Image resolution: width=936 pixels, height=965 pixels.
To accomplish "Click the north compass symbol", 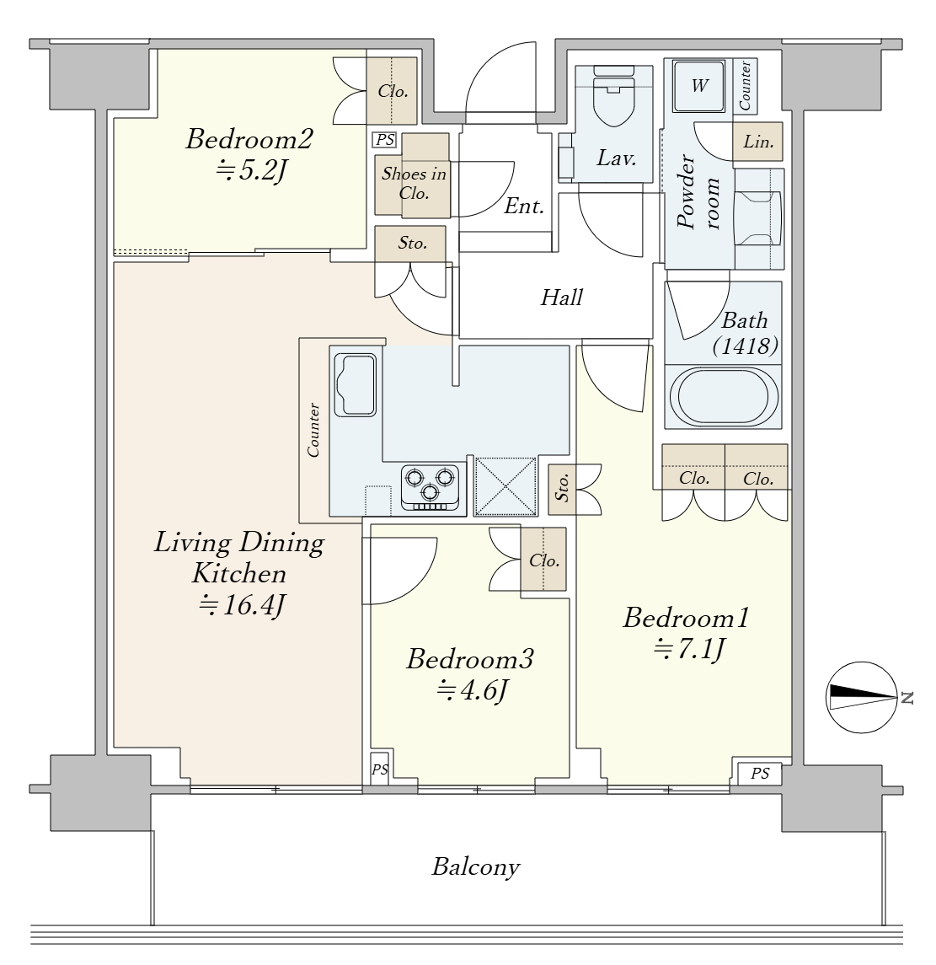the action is (x=862, y=697).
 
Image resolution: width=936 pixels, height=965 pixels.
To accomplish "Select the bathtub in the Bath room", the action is (x=723, y=396).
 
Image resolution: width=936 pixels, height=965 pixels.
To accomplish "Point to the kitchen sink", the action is (x=355, y=385).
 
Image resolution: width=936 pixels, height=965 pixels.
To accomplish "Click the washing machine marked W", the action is (x=700, y=86).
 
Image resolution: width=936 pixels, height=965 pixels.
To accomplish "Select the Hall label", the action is (x=561, y=298).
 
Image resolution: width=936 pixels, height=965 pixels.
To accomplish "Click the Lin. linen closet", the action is (x=757, y=142).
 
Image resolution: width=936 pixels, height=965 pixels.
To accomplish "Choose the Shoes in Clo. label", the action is (x=414, y=184).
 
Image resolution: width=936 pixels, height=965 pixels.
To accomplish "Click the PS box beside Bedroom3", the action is (x=380, y=769).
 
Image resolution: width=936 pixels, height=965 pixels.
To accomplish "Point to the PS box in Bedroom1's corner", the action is (x=759, y=773).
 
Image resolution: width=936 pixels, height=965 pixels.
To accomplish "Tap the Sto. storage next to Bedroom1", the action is (x=562, y=490).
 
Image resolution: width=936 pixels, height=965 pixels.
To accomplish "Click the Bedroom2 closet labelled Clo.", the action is (x=392, y=90).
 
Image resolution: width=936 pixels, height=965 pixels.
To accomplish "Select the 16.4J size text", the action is (x=241, y=606).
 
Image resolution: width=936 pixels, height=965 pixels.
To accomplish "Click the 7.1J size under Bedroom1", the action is (x=690, y=649).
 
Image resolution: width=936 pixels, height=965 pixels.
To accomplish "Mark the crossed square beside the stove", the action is (x=505, y=486).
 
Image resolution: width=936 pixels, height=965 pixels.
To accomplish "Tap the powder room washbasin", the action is (x=759, y=218).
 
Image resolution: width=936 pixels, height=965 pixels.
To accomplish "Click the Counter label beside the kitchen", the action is (x=313, y=430).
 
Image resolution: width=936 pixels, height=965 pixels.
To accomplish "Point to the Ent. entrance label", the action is (x=524, y=206).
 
